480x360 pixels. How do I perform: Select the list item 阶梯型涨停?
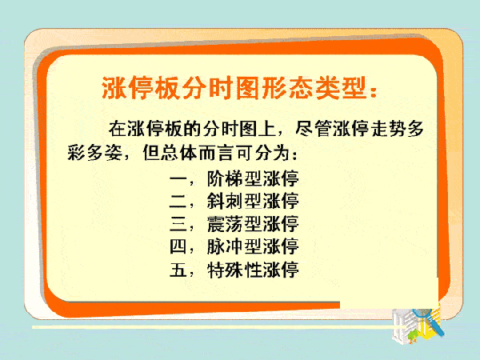[x=253, y=178]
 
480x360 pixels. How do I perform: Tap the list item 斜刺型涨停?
[x=253, y=201]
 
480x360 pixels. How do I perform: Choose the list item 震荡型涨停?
[x=253, y=224]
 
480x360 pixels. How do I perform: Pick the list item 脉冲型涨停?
[x=253, y=246]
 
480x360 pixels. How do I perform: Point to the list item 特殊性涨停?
[x=253, y=270]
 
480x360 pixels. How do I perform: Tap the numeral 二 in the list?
[x=178, y=201]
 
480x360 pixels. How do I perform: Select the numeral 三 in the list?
[x=178, y=224]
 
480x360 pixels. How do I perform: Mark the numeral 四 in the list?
[x=178, y=246]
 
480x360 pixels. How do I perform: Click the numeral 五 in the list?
[x=178, y=270]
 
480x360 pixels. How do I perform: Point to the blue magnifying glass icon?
[x=429, y=322]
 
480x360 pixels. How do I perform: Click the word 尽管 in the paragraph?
[x=314, y=129]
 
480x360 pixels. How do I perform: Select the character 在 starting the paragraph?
[x=118, y=129]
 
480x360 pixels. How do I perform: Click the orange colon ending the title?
[x=374, y=91]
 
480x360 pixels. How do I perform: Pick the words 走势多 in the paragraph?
[x=398, y=129]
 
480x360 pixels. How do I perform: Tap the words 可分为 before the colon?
[x=263, y=152]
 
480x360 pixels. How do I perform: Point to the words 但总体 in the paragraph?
[x=170, y=152]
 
